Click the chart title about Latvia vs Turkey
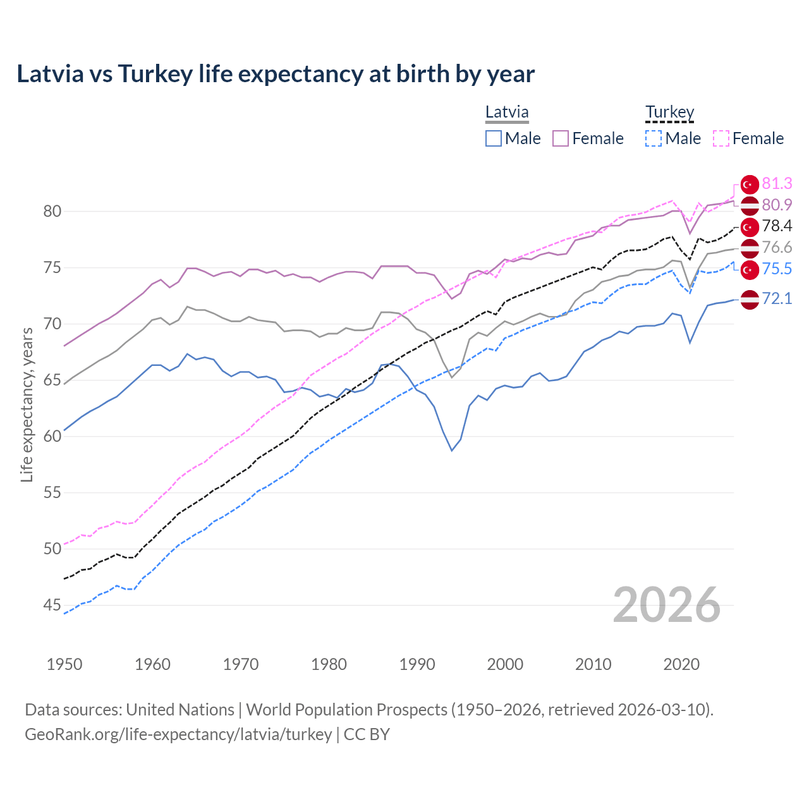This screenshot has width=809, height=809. pos(276,74)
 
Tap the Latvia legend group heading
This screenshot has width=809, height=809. pos(507,113)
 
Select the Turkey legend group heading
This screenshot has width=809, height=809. pos(669,113)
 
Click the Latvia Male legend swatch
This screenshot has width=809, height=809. pos(494,138)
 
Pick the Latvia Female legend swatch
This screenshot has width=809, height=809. pos(561,138)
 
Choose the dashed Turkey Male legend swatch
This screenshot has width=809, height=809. pos(654,138)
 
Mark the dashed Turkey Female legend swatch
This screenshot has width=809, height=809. pos(721,138)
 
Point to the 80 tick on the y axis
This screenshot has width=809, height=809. pos(52,211)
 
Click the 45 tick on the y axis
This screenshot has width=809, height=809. pos(52,605)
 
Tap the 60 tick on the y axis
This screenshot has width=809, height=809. pos(52,436)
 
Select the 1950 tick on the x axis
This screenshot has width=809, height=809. pos(64,664)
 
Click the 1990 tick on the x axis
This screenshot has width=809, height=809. pos(417,664)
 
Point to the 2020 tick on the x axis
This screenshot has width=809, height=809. pos(681,664)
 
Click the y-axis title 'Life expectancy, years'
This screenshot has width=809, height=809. pos(27,404)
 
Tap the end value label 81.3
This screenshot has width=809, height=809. pos(777,183)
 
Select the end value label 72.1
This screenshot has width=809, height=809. pos(777,298)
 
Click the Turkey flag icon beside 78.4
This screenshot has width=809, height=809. pos(750,226)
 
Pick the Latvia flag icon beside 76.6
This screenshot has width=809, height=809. pos(750,248)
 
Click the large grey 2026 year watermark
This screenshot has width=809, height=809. pos(666,605)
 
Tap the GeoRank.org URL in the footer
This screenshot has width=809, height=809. pos(178,734)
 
